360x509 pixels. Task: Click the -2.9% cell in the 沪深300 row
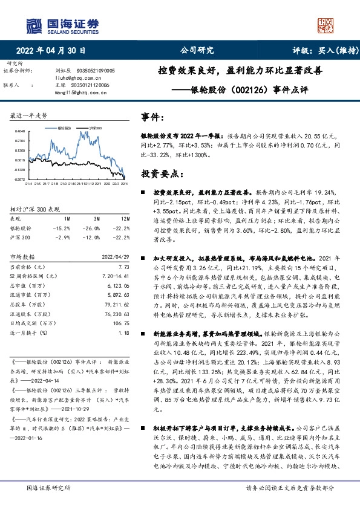(63, 236)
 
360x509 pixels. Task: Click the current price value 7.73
(124, 267)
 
